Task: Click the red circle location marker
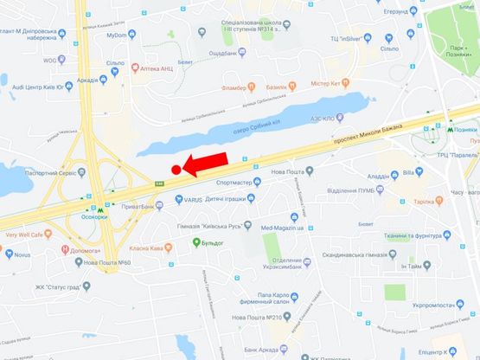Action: click(x=176, y=170)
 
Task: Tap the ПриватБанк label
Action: click(x=141, y=207)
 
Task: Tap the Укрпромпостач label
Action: click(x=436, y=304)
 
